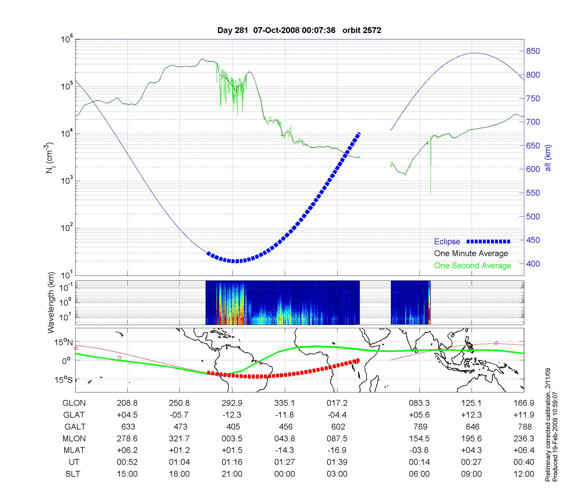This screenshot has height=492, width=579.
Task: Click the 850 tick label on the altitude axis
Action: (x=533, y=51)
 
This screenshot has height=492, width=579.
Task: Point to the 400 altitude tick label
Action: (x=533, y=264)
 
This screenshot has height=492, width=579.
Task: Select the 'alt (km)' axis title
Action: (x=548, y=158)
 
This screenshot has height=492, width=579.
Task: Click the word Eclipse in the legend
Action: (x=447, y=242)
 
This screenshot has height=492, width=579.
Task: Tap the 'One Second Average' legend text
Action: (x=472, y=266)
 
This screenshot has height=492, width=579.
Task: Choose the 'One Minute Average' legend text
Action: (x=471, y=254)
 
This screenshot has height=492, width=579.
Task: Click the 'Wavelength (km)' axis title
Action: (x=51, y=303)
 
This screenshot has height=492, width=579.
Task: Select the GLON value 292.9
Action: (x=232, y=403)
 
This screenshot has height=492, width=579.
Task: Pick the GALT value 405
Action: (x=233, y=427)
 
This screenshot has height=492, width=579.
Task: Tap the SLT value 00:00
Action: (x=285, y=474)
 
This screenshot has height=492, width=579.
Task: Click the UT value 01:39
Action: (x=337, y=462)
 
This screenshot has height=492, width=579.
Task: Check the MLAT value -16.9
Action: (x=337, y=450)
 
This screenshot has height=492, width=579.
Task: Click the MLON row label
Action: (x=74, y=438)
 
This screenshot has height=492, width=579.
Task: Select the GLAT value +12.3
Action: (x=471, y=415)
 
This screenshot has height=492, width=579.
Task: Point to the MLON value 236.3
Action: (x=524, y=438)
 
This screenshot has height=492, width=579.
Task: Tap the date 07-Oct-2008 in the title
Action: (x=276, y=30)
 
